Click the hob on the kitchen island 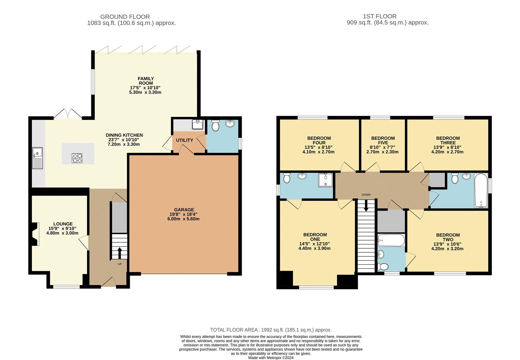point(77,158)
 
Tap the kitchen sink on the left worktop point(37,158)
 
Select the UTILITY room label point(184,140)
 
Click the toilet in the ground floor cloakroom point(215,125)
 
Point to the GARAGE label point(184,210)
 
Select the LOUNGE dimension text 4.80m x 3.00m point(62,233)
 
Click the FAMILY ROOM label point(146,81)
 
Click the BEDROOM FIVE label point(383,140)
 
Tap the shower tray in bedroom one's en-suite point(325,180)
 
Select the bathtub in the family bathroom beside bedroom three point(481,190)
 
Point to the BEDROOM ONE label point(315,237)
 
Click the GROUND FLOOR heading point(125,17)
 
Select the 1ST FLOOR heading point(380,16)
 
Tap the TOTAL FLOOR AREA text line point(271,330)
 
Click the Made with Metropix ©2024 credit point(271,358)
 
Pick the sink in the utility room point(198,125)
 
